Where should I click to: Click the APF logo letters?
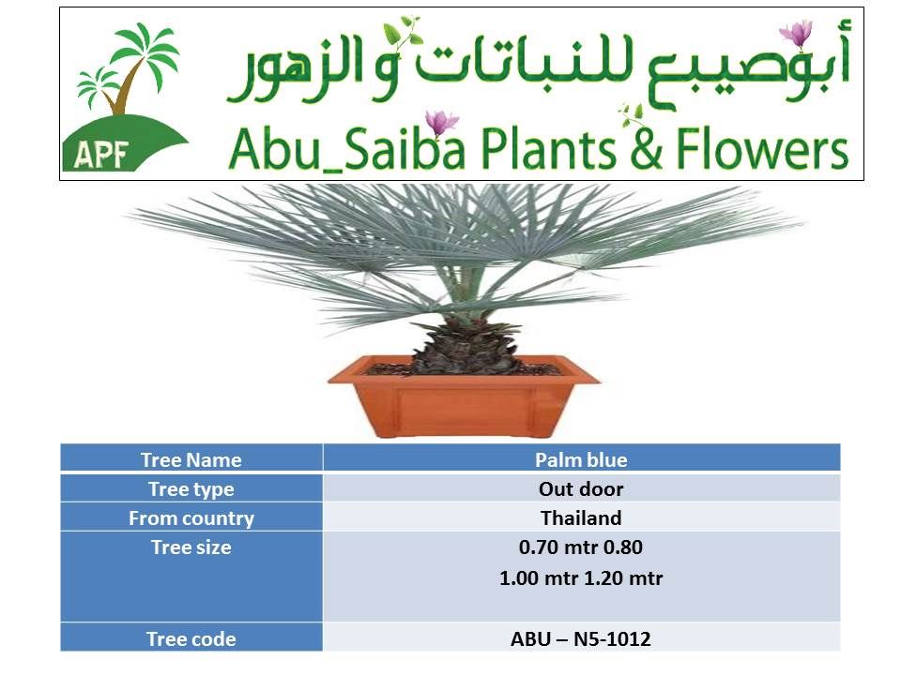click(100, 154)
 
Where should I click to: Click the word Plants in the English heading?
click(549, 149)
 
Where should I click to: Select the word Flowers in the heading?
click(762, 149)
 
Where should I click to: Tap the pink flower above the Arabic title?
click(797, 34)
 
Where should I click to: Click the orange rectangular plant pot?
click(464, 395)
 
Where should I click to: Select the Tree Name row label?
click(191, 459)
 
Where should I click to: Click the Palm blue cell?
click(581, 459)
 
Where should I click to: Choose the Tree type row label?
click(191, 489)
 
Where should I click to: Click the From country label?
click(191, 518)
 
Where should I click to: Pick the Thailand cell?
click(581, 517)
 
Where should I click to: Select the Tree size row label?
click(191, 547)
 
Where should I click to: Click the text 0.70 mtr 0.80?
click(580, 547)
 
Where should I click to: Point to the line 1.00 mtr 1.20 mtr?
click(581, 578)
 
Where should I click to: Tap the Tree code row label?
click(191, 638)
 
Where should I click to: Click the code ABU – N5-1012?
click(581, 638)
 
